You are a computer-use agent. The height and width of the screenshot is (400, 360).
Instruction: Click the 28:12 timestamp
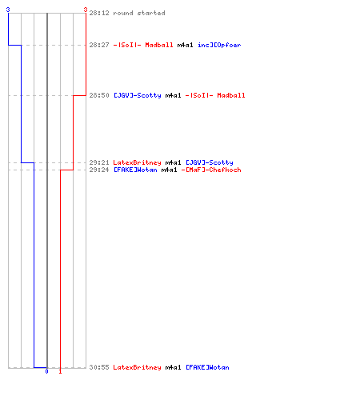99,13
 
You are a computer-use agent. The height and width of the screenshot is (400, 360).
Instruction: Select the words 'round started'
139,13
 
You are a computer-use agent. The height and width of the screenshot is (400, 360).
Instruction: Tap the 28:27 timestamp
99,45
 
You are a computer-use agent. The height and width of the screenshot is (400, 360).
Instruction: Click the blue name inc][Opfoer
219,45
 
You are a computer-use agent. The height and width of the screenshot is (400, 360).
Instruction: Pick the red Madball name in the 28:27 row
159,45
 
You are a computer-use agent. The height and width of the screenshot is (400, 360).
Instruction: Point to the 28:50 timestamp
99,95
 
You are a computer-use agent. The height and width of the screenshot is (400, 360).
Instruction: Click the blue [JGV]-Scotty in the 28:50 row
138,95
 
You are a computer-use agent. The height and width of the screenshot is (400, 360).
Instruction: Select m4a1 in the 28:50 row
173,95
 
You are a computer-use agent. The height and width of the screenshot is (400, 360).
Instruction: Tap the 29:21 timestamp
99,162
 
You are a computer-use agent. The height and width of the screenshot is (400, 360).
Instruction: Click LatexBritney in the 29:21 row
137,162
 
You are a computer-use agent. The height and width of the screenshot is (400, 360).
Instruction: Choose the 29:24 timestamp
99,170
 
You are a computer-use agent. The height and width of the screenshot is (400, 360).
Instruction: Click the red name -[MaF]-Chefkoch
211,170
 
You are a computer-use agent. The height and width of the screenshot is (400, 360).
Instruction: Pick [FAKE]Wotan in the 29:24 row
135,170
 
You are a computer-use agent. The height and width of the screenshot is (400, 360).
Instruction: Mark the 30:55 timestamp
99,367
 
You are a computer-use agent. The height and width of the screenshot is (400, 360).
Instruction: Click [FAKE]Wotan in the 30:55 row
207,367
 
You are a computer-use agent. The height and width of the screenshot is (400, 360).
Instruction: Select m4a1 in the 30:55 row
173,367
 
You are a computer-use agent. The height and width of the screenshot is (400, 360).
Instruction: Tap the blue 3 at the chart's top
8,10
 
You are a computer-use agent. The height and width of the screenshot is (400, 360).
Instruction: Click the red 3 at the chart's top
86,10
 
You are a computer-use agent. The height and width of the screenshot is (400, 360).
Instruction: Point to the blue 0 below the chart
46,371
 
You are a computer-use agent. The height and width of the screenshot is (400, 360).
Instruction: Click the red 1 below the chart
60,371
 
